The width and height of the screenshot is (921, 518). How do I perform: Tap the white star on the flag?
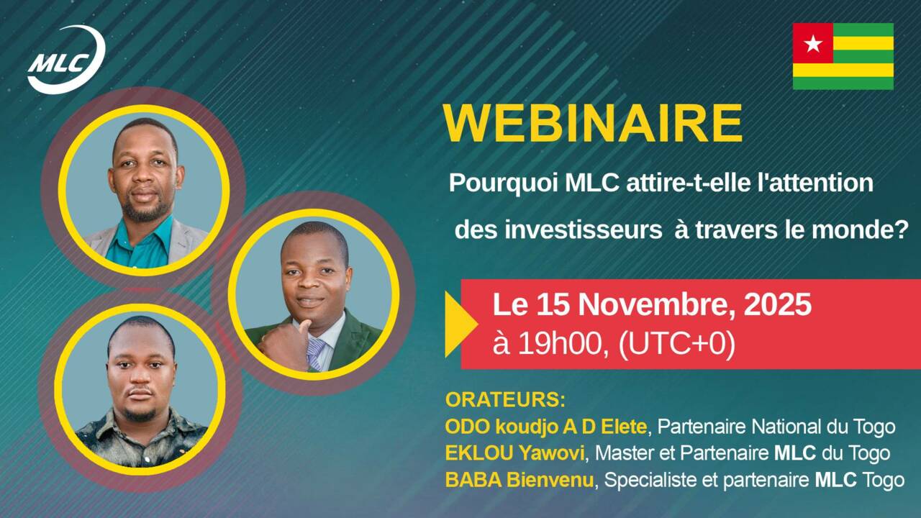click(x=813, y=44)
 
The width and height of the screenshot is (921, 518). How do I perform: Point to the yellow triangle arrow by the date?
click(x=459, y=324)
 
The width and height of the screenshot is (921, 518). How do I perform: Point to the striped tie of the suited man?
click(x=316, y=352)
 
